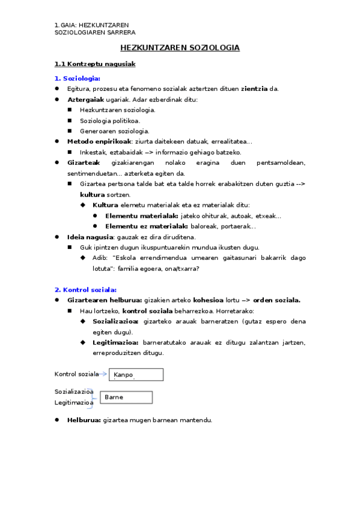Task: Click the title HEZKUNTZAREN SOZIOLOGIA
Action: click(180, 48)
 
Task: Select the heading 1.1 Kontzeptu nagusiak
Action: click(95, 64)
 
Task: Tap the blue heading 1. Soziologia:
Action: click(78, 78)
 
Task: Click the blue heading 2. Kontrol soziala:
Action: click(85, 289)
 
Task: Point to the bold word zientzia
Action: click(254, 88)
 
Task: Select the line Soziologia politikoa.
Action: click(110, 120)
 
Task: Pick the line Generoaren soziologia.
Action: click(115, 131)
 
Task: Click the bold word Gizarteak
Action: click(84, 162)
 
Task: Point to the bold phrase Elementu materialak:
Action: click(141, 216)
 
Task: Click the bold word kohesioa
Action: click(207, 300)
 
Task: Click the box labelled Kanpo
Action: click(136, 375)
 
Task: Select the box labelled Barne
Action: click(126, 398)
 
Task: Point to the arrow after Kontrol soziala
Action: click(104, 374)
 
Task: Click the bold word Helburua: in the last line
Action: click(84, 420)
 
